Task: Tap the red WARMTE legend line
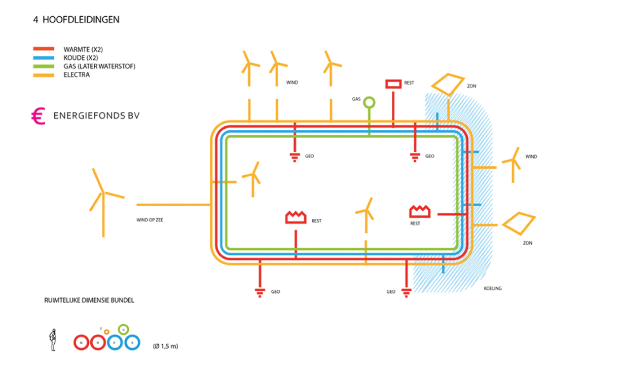(x=44, y=49)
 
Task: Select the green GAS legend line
(x=44, y=66)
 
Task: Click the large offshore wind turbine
(x=103, y=195)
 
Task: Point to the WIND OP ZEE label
(x=150, y=219)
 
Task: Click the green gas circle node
(x=369, y=102)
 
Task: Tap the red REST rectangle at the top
(x=393, y=84)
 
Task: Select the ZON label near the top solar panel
(x=472, y=87)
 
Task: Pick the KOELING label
(x=492, y=288)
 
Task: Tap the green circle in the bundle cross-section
(x=123, y=329)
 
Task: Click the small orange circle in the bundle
(x=106, y=332)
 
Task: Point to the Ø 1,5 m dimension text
(x=165, y=347)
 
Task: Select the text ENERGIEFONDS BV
(x=96, y=116)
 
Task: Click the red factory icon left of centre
(x=296, y=217)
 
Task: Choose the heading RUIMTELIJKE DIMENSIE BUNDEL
(x=89, y=300)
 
